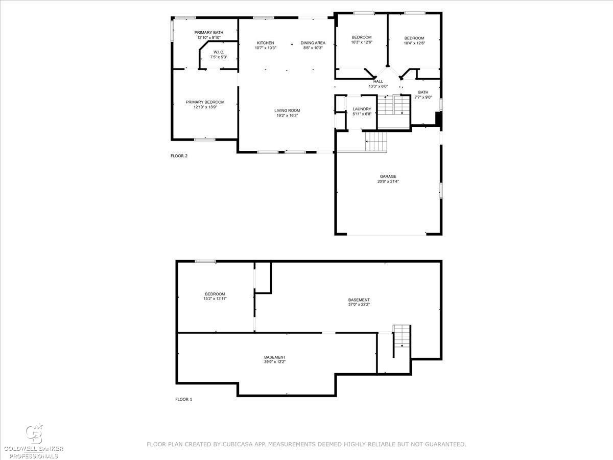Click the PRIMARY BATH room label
208,32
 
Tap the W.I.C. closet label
219,52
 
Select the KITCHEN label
265,43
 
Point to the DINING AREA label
313,43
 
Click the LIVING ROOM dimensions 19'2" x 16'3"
287,116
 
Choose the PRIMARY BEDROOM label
205,102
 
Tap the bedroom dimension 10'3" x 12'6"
362,42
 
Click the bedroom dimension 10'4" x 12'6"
414,43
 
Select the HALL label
378,81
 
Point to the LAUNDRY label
362,109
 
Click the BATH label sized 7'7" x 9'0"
423,92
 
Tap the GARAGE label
388,176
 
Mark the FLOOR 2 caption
179,156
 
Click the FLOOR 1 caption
184,399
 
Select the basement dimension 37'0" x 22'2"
359,305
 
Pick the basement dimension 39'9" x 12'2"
275,362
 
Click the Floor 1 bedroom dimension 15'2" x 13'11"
215,298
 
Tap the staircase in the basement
402,336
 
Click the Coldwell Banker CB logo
34,434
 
